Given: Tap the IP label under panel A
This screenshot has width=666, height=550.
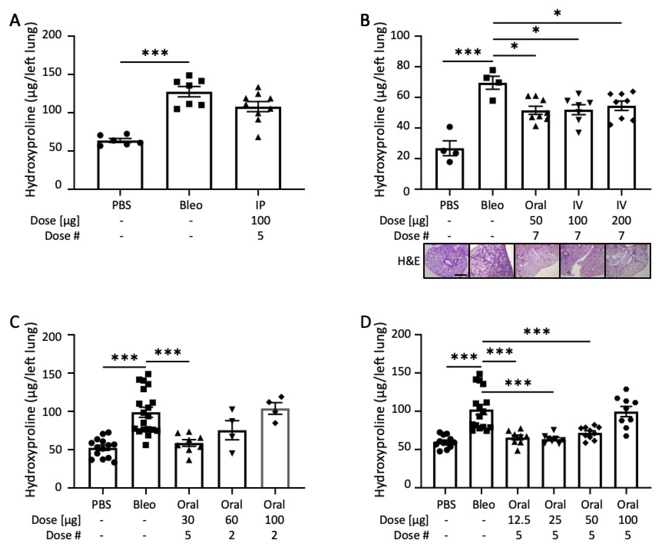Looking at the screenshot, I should [x=260, y=205].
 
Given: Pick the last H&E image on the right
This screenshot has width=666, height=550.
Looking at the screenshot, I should [x=628, y=261].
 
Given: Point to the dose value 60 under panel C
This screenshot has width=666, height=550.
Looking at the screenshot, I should [x=232, y=520].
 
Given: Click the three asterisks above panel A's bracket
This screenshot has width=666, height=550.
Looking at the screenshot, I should [x=155, y=53].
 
